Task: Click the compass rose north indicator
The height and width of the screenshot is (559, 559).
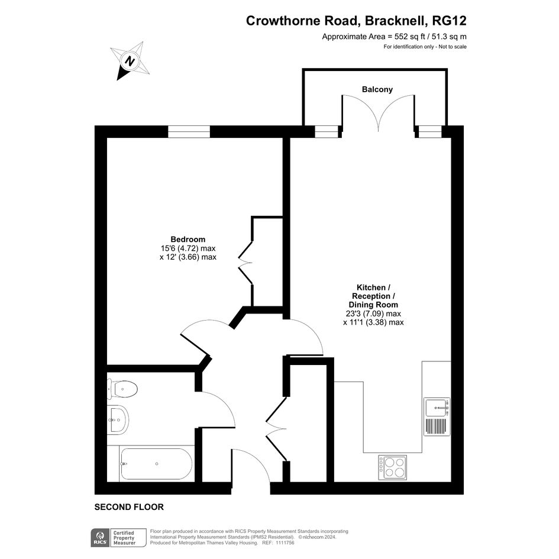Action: click(x=130, y=60)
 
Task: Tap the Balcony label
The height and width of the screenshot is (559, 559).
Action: click(x=377, y=89)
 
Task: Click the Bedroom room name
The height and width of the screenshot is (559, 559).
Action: click(x=188, y=239)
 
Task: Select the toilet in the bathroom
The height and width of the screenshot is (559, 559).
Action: click(x=122, y=389)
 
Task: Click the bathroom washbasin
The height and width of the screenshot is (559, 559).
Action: click(x=118, y=419)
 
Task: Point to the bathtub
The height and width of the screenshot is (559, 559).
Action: click(x=157, y=464)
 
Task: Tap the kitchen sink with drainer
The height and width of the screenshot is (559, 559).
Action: click(x=437, y=416)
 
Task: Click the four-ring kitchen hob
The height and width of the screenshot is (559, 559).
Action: click(x=393, y=467)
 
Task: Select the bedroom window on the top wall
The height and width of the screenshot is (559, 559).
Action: click(x=189, y=131)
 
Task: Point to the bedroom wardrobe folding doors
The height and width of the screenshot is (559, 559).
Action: click(x=245, y=263)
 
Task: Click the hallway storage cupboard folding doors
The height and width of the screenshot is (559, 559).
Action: click(x=277, y=429)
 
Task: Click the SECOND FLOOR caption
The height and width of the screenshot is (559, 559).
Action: click(x=129, y=507)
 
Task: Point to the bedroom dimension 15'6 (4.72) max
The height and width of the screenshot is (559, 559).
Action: click(x=188, y=248)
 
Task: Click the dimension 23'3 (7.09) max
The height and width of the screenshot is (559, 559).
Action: click(x=373, y=314)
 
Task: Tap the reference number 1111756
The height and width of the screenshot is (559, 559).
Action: click(x=287, y=542)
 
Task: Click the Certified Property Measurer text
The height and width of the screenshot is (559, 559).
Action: click(x=124, y=538)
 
